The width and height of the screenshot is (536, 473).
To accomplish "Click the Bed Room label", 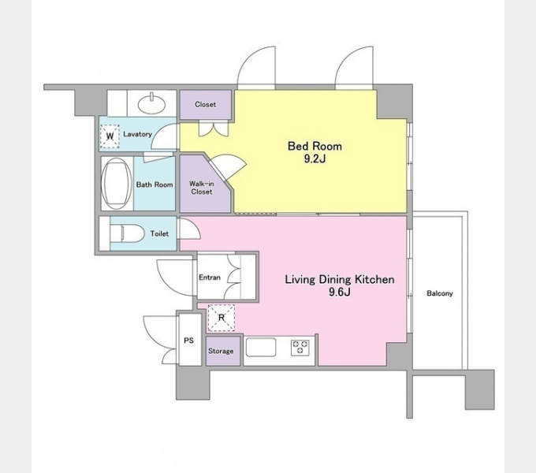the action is coord(315,147).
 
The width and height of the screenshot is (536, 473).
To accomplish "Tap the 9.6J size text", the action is coord(340,292).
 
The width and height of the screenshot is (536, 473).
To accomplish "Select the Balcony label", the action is coord(440,293).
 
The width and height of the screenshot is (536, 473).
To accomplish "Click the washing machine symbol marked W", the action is coord(110,136).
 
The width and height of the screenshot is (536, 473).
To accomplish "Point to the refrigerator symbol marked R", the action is coord(221,318).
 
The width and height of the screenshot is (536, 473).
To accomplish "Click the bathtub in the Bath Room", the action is coord(117,184).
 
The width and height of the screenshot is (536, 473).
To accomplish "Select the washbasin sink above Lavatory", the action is coord(152,103).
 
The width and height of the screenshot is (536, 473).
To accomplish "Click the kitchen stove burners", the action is coord(300,347).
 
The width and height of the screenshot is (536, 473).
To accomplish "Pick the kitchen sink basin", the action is coord(261,347).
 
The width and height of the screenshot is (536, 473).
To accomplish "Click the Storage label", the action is coord(221,351).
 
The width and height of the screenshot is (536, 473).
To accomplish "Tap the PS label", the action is coord(188,341).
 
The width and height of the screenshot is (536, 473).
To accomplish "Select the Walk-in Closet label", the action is coord(202,188).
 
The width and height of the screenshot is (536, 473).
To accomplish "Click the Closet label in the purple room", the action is coord(206,104).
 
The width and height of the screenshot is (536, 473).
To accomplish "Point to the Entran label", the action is coord(210,277).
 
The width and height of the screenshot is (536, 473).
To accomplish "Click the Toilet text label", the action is coord(160,234).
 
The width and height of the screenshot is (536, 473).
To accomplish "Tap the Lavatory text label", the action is coord(137,134).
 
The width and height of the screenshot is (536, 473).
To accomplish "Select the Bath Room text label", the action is coord(154,184).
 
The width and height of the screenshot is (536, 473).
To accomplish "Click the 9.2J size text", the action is coord(315,159).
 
